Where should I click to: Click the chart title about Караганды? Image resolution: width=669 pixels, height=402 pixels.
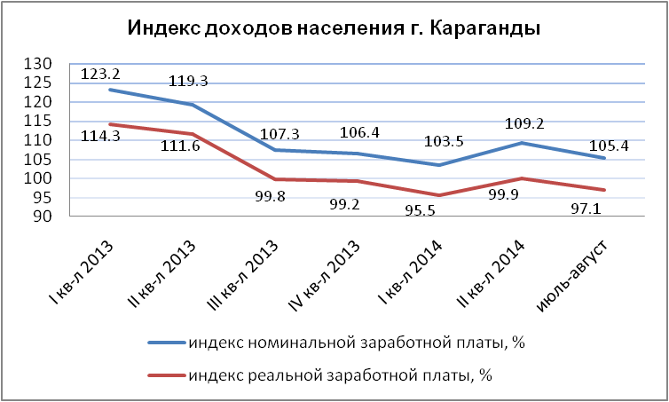pyautogui.click(x=334, y=28)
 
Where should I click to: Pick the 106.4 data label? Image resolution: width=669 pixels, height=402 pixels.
pyautogui.click(x=360, y=132)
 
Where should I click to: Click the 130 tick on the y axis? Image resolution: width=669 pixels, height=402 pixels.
pyautogui.click(x=40, y=64)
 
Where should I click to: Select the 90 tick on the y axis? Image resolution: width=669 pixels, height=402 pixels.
pyautogui.click(x=43, y=217)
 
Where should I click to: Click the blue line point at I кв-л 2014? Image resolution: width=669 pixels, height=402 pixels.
pyautogui.click(x=442, y=165)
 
